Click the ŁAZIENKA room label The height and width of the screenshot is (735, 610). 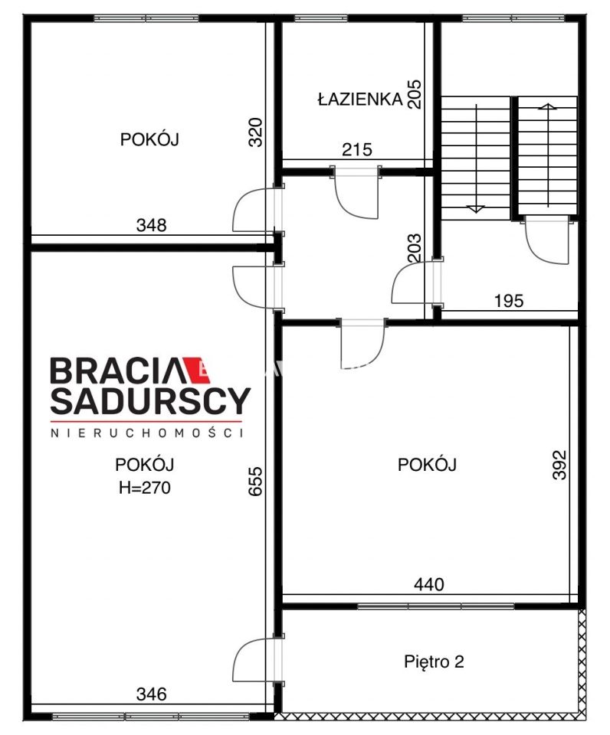point(359,98)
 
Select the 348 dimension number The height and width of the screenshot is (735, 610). point(151,225)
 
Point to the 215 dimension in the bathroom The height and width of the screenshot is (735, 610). point(356,150)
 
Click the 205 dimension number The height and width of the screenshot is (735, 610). point(415,95)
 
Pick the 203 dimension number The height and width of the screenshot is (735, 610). point(415,249)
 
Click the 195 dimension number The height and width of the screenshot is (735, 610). point(508,301)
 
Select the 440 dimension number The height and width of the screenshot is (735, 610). point(429,585)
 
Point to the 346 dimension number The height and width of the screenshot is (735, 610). point(151,695)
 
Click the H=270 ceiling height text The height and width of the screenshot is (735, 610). point(144,487)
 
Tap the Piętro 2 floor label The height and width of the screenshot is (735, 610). point(434,662)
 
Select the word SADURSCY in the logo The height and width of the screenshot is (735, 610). point(150,400)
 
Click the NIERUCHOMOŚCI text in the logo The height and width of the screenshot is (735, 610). point(146,433)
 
